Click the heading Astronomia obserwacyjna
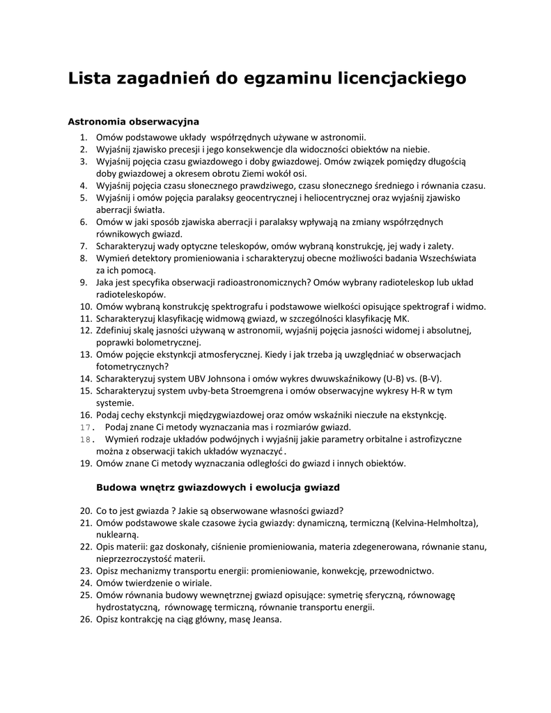[x=133, y=122]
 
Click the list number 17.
[x=85, y=427]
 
